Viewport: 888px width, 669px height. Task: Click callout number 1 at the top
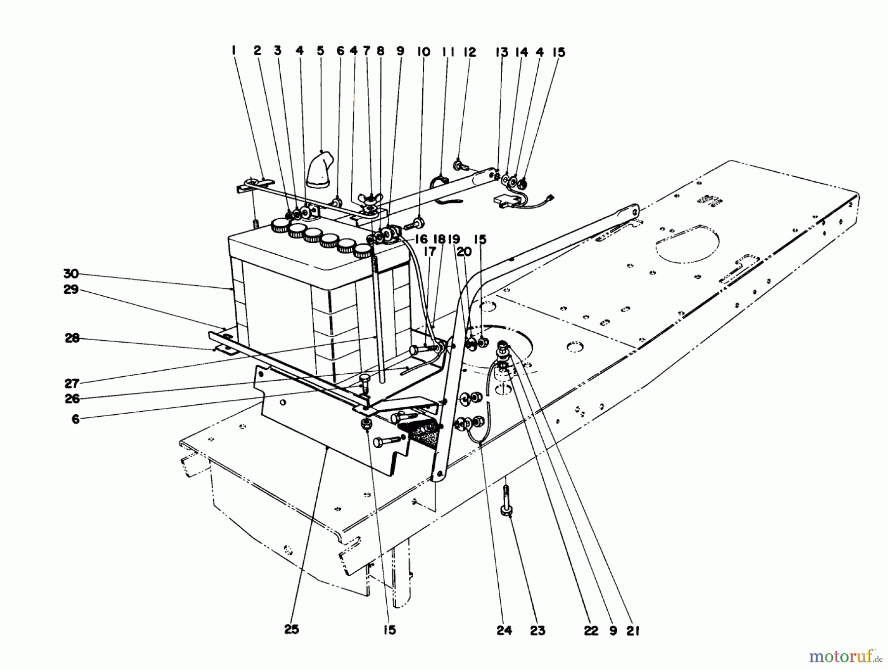[x=233, y=50]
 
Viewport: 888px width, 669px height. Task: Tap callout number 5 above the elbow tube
[x=321, y=50]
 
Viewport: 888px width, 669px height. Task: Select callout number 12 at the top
[x=470, y=52]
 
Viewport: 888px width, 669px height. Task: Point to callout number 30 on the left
[x=71, y=274]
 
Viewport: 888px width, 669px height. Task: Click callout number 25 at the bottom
[x=292, y=630]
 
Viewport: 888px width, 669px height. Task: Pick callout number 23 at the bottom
[x=538, y=630]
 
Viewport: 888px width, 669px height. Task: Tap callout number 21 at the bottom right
[x=633, y=630]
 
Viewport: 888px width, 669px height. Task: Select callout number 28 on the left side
[x=72, y=338]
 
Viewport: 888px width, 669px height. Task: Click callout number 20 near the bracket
[x=464, y=252]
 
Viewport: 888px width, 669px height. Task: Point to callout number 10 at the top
[x=423, y=52]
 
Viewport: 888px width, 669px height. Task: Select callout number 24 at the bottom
[x=504, y=630]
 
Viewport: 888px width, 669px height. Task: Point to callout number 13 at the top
[x=502, y=52]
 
